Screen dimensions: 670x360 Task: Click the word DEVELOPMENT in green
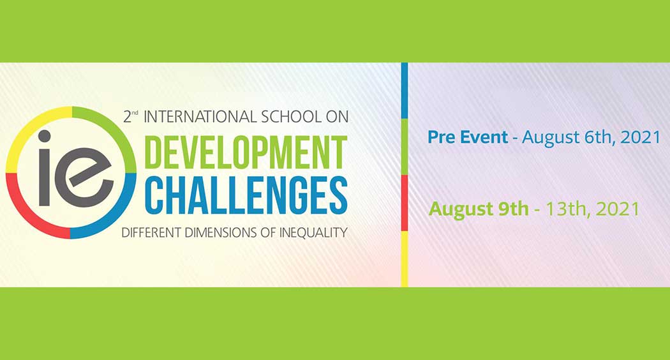tap(246, 153)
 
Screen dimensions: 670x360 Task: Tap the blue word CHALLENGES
tap(246, 195)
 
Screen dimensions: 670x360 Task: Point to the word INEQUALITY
tap(313, 233)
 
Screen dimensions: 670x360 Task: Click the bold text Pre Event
tap(468, 137)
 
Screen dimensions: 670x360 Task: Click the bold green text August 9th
tap(479, 209)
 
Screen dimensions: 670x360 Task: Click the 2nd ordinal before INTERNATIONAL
tap(130, 117)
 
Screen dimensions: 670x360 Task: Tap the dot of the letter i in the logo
tap(44, 136)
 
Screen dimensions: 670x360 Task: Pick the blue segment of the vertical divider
tap(404, 90)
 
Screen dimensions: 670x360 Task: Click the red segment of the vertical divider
tap(404, 203)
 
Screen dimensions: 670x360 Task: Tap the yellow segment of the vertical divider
tap(404, 259)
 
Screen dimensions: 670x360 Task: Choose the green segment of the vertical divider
tap(404, 147)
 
